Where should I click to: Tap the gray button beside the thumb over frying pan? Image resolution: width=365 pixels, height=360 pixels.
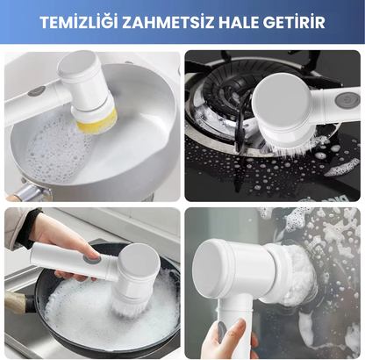tap(90, 258)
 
